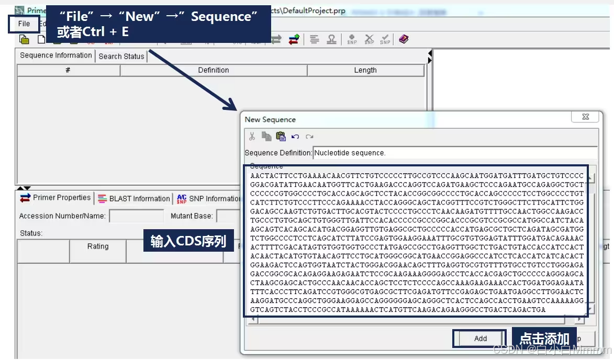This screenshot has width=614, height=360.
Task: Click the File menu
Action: tap(24, 24)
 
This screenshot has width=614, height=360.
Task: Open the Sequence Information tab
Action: tap(55, 55)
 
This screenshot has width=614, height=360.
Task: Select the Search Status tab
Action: tap(121, 57)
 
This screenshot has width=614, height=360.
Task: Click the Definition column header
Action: tap(213, 70)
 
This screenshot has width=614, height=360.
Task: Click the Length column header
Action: tap(365, 70)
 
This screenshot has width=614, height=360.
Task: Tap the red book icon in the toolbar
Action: tap(403, 39)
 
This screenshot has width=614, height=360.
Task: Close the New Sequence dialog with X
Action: tap(585, 117)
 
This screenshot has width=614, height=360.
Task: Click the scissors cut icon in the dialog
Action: tap(252, 137)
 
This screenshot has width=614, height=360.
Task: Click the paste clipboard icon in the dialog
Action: tap(281, 137)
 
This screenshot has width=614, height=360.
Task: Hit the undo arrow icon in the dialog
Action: tap(295, 137)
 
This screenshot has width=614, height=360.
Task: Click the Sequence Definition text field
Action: tap(454, 153)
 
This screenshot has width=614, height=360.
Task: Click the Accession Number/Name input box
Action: tap(136, 216)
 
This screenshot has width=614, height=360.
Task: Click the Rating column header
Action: tap(98, 246)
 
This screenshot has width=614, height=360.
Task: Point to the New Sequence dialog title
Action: tap(270, 120)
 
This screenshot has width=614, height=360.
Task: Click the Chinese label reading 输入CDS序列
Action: tap(188, 241)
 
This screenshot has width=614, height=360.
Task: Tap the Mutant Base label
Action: tap(192, 216)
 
